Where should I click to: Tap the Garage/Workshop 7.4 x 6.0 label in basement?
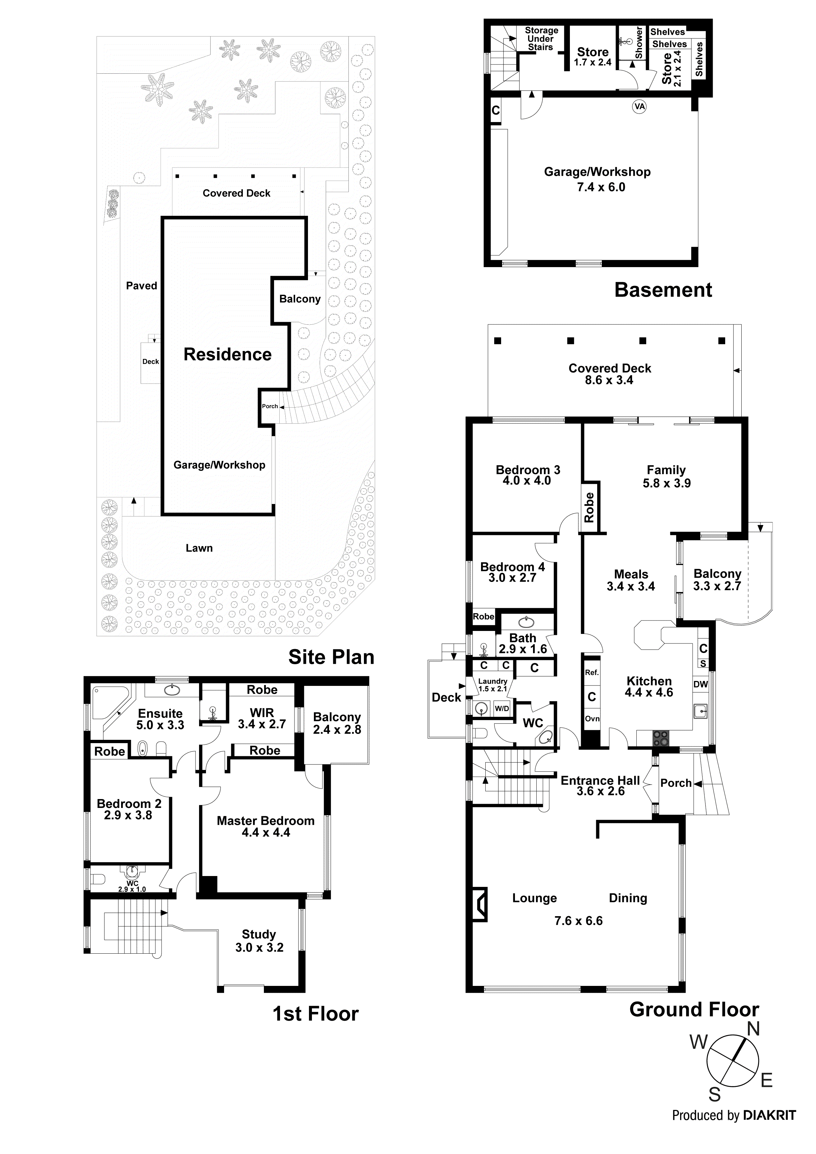[x=597, y=179]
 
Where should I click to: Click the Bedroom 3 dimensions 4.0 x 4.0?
[x=527, y=481]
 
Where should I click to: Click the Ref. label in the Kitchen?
[x=592, y=672]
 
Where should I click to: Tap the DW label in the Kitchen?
[x=701, y=684]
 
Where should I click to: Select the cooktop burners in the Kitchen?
[x=661, y=738]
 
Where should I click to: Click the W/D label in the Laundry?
[x=502, y=709]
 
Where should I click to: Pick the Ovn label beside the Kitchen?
[x=592, y=719]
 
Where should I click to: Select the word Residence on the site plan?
[x=227, y=354]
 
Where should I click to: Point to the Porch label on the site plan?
[x=269, y=406]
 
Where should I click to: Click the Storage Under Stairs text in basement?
[x=541, y=39]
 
